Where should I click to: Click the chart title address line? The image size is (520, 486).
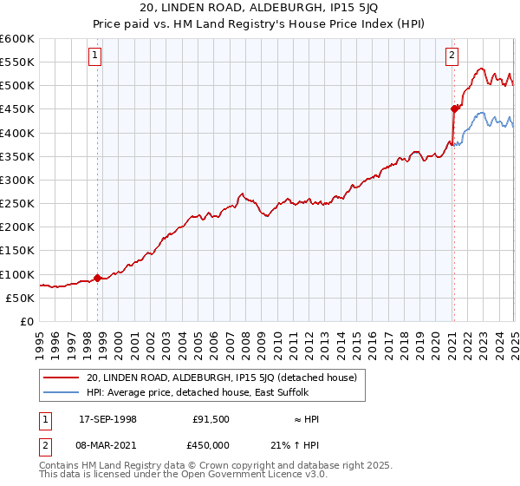click(260, 9)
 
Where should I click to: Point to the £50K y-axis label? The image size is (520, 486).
click(21, 298)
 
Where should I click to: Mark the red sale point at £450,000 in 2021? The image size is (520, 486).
click(453, 108)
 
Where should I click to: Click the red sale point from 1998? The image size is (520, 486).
click(98, 278)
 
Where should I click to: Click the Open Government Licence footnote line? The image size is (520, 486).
click(184, 476)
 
